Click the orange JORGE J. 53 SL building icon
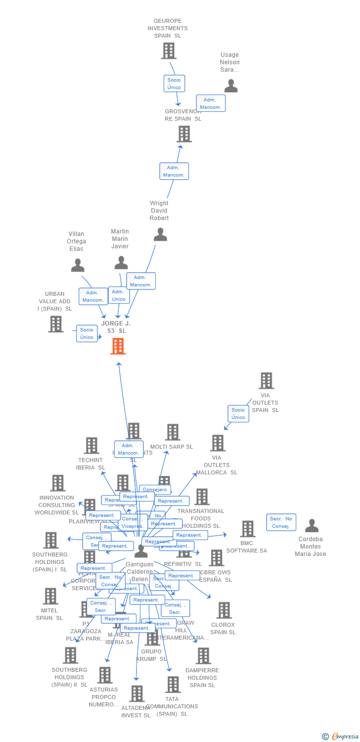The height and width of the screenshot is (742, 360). [118, 346]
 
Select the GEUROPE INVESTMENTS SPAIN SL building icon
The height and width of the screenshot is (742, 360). [169, 51]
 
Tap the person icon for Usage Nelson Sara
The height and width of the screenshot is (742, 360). [231, 86]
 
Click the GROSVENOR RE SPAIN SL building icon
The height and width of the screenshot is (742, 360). [184, 134]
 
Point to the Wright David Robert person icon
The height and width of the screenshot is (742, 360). [160, 234]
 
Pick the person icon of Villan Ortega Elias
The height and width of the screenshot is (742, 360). [78, 266]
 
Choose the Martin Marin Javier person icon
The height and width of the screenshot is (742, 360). [121, 263]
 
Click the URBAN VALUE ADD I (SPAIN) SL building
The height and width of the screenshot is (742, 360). [56, 324]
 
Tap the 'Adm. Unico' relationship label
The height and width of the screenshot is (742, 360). [119, 295]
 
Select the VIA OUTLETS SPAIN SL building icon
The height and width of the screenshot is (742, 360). [266, 381]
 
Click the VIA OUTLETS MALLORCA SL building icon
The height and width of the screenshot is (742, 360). [218, 443]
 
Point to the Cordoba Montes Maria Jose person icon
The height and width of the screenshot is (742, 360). [312, 526]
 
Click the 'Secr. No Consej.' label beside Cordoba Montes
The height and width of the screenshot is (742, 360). [281, 522]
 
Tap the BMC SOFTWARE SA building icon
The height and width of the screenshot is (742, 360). [247, 529]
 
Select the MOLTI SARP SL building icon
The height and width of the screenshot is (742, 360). [172, 432]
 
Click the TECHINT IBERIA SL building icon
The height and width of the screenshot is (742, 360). [91, 445]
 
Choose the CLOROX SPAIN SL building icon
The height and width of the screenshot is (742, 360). [224, 610]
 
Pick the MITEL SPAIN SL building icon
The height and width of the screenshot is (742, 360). [50, 596]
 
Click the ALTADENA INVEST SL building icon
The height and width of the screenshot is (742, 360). [137, 694]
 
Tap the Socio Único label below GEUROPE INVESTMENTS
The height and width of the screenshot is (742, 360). [174, 84]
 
